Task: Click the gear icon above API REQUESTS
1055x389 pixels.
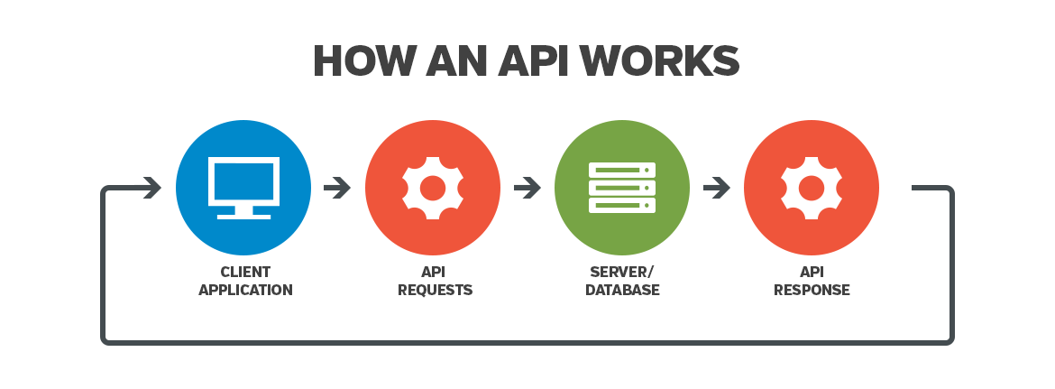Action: [x=433, y=188]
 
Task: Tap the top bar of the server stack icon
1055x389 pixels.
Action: [x=622, y=170]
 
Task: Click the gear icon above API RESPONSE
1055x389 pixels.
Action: [x=812, y=188]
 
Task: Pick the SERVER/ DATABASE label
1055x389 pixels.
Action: [x=622, y=281]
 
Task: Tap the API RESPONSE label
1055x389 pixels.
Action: [x=812, y=281]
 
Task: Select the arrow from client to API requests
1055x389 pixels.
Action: [x=337, y=188]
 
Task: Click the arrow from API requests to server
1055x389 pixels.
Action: [x=527, y=188]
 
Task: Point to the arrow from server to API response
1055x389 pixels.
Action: [x=716, y=188]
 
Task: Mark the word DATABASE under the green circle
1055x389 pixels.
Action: [x=622, y=291]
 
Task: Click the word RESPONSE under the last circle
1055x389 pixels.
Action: [x=812, y=291]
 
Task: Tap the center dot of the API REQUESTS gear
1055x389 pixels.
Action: [x=433, y=188]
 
